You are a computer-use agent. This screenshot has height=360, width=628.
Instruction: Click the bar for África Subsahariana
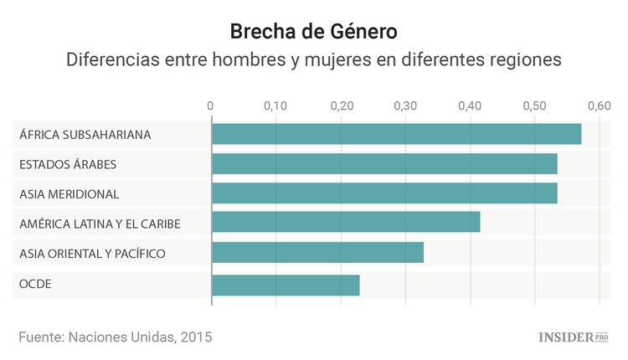pos(396,134)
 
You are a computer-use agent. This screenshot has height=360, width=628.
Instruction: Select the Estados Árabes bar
pos(384,164)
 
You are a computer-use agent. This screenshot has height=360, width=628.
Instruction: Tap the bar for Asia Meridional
pos(384,194)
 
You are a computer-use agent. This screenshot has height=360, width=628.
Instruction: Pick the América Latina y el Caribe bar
pos(346,223)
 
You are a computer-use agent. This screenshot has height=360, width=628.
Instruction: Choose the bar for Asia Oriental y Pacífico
pos(317,253)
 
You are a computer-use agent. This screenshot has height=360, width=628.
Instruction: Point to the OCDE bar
pos(286,285)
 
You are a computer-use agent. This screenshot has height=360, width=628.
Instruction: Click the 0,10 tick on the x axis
pos(275,106)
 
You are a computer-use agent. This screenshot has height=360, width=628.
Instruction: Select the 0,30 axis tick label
pos(405,106)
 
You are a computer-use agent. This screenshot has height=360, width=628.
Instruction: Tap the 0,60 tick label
pos(599,106)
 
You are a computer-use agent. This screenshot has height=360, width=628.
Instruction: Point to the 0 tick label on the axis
pos(211,106)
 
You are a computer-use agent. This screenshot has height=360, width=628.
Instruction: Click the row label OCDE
pos(35,285)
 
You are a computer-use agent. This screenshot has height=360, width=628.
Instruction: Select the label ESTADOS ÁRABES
pos(68,164)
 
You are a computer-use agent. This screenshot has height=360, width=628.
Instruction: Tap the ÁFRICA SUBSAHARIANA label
pos(85,134)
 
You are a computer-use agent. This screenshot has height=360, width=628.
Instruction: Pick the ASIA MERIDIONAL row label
pos(69,194)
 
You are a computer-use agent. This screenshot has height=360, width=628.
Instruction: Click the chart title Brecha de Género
pos(313,32)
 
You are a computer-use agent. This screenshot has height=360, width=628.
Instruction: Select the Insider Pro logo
pos(573,337)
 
